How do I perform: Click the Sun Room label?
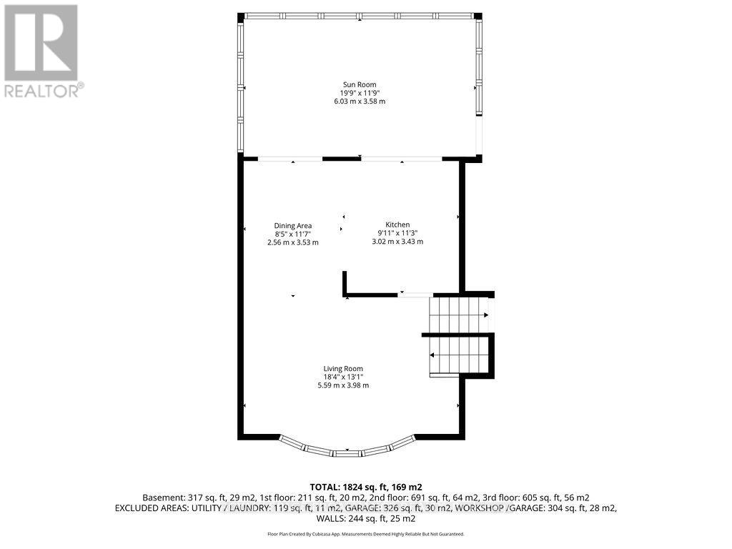click(359, 85)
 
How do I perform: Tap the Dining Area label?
click(293, 226)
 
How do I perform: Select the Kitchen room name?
click(397, 225)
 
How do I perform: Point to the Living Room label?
click(343, 369)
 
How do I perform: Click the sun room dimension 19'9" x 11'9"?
click(359, 93)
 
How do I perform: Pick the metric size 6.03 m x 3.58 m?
click(359, 102)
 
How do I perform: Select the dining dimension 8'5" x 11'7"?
click(293, 234)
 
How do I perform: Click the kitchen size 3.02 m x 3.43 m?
click(397, 242)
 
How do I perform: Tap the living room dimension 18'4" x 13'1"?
click(343, 377)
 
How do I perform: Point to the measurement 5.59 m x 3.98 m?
click(343, 385)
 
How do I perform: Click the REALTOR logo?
click(42, 50)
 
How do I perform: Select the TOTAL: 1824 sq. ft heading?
click(365, 486)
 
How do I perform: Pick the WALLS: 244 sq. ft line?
click(365, 518)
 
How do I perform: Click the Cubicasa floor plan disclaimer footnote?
click(365, 534)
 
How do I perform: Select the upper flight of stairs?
click(457, 315)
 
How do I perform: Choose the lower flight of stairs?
click(457, 355)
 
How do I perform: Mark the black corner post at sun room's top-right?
click(478, 16)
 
